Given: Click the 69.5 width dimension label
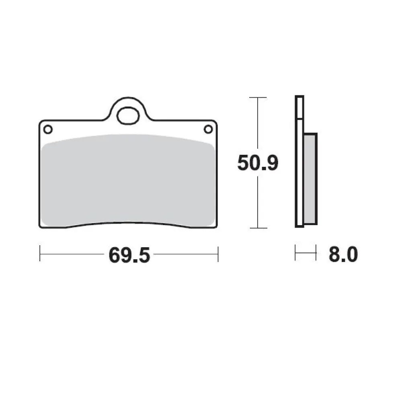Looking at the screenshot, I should point(129,255).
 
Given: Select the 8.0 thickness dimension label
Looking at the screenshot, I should point(343,255).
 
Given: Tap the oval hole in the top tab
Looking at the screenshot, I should point(127,115).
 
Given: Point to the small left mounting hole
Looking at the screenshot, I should point(48,129).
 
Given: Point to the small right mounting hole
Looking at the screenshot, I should point(208,129).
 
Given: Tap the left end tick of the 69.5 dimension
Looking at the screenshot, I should point(40,254).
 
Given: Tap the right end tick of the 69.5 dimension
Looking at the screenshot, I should point(217,254).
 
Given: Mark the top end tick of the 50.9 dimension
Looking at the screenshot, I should point(258,98).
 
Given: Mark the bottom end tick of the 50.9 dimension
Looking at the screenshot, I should point(258,228).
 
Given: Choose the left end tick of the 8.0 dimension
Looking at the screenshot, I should point(295,253).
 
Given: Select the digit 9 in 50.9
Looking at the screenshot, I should point(271,164).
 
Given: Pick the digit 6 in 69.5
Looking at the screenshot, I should point(115,255).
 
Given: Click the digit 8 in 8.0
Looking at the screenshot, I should point(334,255).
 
